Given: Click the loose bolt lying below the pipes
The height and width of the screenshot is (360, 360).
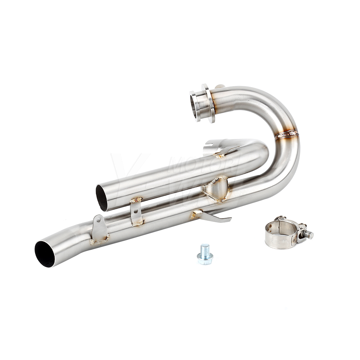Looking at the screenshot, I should tap(205, 255).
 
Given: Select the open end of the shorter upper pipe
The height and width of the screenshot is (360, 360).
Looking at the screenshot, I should tap(102, 197).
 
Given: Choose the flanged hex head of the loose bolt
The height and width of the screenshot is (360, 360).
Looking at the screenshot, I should tap(205, 258).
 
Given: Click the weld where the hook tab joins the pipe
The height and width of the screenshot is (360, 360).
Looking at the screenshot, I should tap(197, 215).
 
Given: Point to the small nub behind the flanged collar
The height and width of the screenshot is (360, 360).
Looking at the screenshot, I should tap(220, 86).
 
